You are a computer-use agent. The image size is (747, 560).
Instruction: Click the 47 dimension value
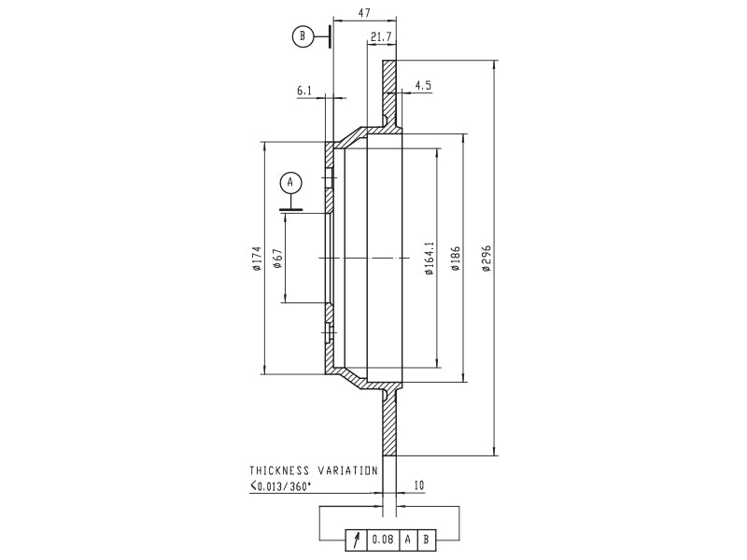tap(364, 13)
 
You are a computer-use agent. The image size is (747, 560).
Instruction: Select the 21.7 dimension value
tap(381, 36)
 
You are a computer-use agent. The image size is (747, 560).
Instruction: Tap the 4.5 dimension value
tap(423, 85)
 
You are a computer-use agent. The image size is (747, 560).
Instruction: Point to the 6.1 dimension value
tap(304, 90)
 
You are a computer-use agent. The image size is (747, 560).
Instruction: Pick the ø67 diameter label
tap(277, 259)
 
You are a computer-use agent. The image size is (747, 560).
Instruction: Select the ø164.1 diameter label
tap(430, 259)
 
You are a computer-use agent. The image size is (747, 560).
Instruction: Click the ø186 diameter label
tap(456, 259)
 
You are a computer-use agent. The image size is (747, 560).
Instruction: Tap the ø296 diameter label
tap(486, 259)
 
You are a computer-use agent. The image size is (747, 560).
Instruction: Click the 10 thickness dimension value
tap(418, 485)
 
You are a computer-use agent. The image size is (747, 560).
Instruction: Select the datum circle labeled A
tap(291, 182)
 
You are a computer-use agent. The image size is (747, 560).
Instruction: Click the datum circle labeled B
tap(303, 36)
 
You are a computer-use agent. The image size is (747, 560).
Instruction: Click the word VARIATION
tap(348, 470)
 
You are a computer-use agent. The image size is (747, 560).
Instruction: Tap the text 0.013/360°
tap(284, 486)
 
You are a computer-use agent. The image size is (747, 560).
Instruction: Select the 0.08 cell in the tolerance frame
tap(383, 539)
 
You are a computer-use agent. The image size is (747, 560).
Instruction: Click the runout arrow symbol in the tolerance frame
tap(357, 539)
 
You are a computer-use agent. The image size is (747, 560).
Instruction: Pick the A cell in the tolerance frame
tap(408, 539)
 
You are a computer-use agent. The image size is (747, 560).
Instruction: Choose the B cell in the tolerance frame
tap(426, 539)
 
